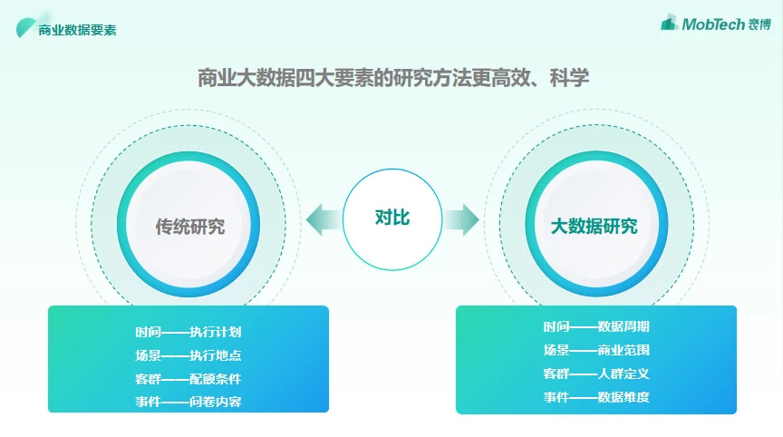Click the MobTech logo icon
669,23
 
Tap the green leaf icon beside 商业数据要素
25,27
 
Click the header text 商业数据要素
77,30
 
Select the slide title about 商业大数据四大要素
393,78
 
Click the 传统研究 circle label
189,227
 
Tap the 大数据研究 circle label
594,226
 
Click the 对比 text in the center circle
392,218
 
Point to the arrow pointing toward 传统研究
324,219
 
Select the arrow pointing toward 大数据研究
461,219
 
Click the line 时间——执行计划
188,332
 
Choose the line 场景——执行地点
188,355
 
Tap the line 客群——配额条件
188,379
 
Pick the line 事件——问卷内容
188,402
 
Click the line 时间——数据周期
596,326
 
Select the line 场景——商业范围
596,350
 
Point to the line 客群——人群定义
596,374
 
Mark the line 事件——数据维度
596,397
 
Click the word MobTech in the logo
713,24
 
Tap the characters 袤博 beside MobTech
759,24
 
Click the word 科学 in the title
569,78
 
